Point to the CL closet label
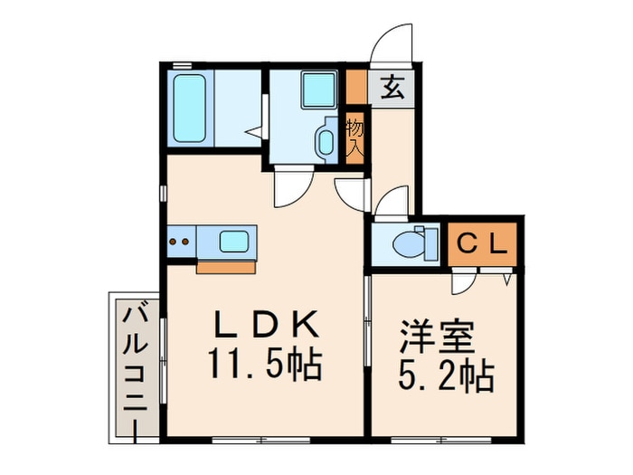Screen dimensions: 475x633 point(481,242)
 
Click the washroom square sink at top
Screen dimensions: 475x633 point(316,89)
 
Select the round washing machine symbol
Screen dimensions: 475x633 point(325,140)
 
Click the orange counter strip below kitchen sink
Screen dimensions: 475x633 point(225,266)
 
